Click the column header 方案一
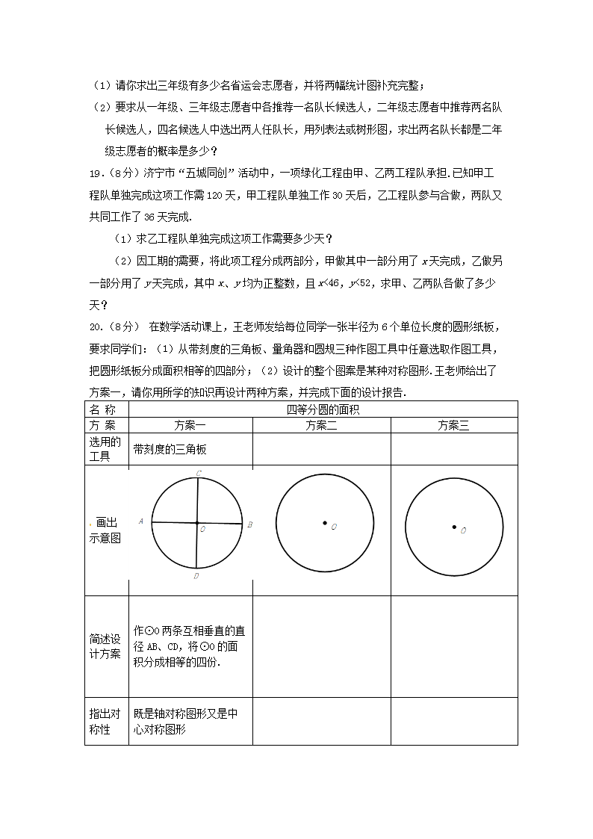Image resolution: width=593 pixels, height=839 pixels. pos(190,426)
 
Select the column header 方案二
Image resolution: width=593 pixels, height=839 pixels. pos(322,426)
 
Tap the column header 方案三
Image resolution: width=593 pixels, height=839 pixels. pos(453,426)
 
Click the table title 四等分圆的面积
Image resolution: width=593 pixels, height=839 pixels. pos(323,410)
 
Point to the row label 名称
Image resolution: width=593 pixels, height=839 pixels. pos(103,410)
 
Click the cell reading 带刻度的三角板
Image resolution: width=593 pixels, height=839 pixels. pos(170,449)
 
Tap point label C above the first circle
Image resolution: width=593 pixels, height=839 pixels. pos(199,473)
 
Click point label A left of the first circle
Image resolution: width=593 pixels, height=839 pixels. pos(141,521)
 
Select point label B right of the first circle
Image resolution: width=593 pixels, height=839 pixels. pos(249,524)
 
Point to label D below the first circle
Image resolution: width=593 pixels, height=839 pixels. pos(196,575)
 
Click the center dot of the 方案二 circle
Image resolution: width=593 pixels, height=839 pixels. pos(324,523)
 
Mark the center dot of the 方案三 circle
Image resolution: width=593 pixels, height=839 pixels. pos(454,527)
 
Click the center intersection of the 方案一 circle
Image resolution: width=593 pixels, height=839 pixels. pos(196,523)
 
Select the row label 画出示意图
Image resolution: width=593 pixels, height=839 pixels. pos(105,530)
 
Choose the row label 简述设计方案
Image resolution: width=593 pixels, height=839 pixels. pos(105,646)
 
